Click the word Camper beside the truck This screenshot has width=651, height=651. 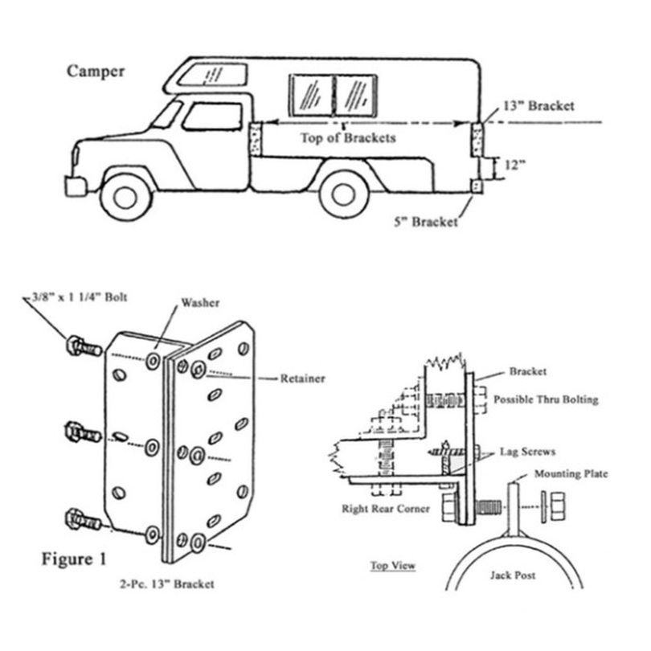pyautogui.click(x=96, y=71)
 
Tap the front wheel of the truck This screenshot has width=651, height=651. pyautogui.click(x=125, y=197)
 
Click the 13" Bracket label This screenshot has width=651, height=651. pyautogui.click(x=539, y=106)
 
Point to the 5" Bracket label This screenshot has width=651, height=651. pyautogui.click(x=426, y=222)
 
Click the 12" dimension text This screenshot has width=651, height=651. pyautogui.click(x=515, y=166)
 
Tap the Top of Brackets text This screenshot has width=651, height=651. pyautogui.click(x=348, y=138)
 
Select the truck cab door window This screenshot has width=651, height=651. pyautogui.click(x=212, y=117)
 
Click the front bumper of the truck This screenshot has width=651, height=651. pyautogui.click(x=76, y=186)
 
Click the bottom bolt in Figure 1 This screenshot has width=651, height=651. pyautogui.click(x=83, y=519)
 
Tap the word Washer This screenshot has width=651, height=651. pyautogui.click(x=200, y=303)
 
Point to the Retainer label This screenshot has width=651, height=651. pyautogui.click(x=303, y=379)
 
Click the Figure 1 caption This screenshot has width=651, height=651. pyautogui.click(x=74, y=559)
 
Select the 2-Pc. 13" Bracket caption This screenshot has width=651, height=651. pyautogui.click(x=167, y=584)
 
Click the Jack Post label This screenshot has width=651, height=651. pyautogui.click(x=513, y=575)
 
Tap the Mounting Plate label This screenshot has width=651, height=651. pyautogui.click(x=571, y=473)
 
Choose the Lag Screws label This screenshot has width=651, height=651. pyautogui.click(x=528, y=452)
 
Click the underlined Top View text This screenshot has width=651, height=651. pyautogui.click(x=393, y=566)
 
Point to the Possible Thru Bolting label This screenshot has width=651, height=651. pyautogui.click(x=546, y=399)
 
